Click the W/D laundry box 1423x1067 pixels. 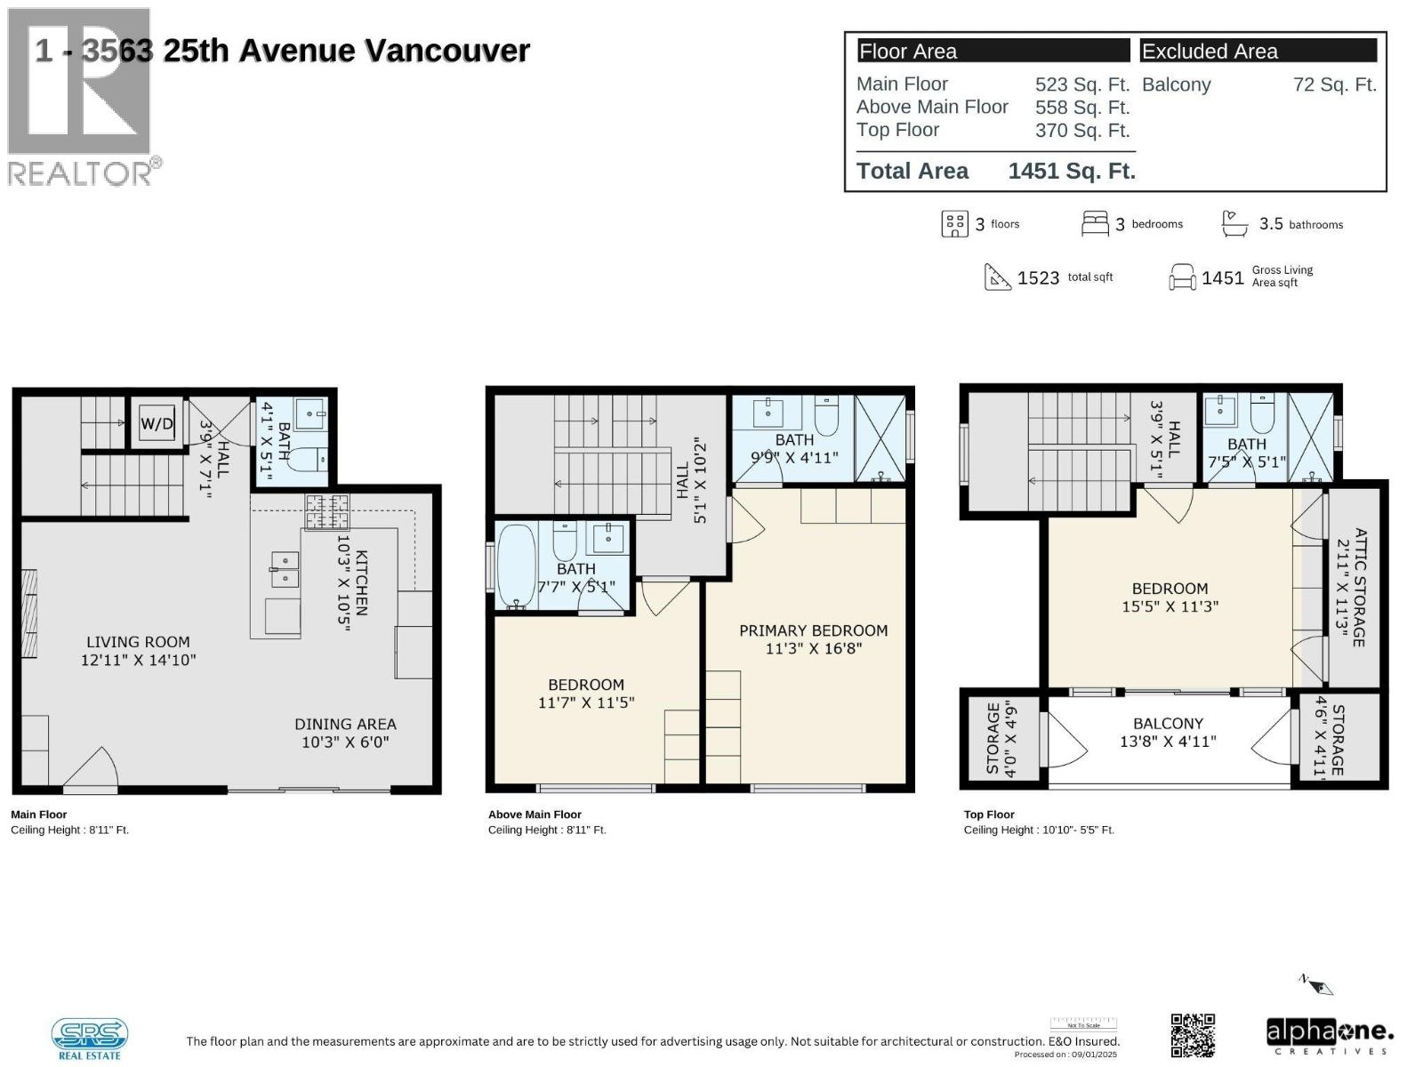(x=157, y=424)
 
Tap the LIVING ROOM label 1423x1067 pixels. (x=138, y=651)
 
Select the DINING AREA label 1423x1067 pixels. (x=345, y=733)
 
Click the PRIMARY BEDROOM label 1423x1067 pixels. (x=813, y=639)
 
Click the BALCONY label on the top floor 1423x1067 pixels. (x=1168, y=732)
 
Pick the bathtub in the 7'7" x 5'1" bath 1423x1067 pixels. (x=516, y=566)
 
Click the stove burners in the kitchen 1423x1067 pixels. (x=327, y=511)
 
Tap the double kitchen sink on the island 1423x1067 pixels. (x=285, y=569)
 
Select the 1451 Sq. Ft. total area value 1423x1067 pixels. (x=1072, y=171)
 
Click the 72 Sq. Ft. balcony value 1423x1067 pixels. (x=1334, y=85)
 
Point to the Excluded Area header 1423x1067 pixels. (x=1210, y=52)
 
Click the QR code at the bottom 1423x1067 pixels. (x=1193, y=1036)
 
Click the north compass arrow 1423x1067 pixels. (x=1318, y=984)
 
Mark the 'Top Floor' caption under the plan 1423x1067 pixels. (x=989, y=814)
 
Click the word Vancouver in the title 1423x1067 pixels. (x=447, y=51)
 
